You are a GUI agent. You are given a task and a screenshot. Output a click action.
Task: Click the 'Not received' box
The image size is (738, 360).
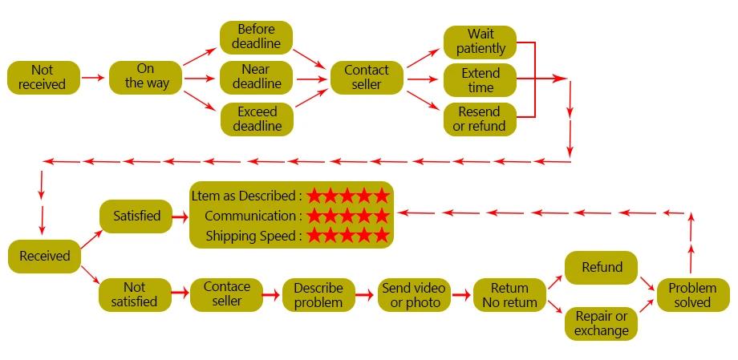[44, 77]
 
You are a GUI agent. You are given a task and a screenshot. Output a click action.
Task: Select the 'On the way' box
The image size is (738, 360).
[146, 77]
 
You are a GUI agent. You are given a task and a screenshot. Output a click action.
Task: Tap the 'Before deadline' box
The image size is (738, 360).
[257, 37]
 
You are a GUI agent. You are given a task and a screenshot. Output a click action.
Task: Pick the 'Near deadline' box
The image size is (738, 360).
[257, 77]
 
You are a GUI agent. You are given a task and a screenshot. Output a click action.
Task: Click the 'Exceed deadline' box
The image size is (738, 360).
[257, 119]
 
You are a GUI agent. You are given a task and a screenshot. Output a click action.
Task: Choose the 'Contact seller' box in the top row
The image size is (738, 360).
[367, 77]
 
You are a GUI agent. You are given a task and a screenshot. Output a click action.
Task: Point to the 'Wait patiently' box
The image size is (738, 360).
[480, 42]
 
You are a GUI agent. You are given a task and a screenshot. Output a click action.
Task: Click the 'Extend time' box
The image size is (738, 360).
[480, 80]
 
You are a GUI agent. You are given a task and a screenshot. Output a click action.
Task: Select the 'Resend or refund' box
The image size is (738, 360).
[480, 119]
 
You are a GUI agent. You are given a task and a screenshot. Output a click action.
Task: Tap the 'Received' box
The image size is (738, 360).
[45, 257]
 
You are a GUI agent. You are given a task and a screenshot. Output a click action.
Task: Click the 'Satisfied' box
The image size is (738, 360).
[136, 216]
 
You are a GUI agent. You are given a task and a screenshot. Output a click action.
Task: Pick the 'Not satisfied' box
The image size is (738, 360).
[135, 295]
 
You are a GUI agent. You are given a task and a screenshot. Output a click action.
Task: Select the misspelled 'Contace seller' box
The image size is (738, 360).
[227, 295]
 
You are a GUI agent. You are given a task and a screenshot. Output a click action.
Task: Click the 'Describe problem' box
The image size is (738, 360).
[318, 295]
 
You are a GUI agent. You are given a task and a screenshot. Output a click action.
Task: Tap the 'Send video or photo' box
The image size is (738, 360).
[414, 295]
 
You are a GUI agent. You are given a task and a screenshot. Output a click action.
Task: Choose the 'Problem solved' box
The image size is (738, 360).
[693, 295]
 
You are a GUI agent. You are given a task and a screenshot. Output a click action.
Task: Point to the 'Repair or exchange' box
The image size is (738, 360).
[601, 324]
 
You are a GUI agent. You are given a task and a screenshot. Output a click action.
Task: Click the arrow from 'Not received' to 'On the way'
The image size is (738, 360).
[93, 78]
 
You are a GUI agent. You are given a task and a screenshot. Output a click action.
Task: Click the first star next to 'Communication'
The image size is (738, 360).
[314, 216]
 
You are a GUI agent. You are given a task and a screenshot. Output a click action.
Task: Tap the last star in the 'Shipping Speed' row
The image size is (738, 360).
[381, 235]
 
